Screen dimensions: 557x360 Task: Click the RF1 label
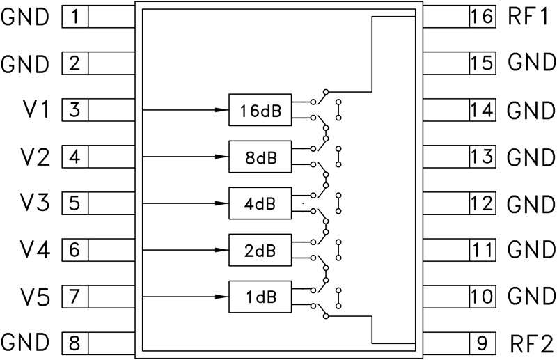tap(528, 16)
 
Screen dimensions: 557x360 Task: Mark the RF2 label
tap(531, 344)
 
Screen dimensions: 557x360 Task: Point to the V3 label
tap(34, 203)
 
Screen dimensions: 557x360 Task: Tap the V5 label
tap(34, 297)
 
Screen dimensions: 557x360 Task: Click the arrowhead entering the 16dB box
tap(221, 110)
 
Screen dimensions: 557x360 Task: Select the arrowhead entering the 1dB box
tap(221, 297)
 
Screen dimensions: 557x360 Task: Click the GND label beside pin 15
tap(531, 63)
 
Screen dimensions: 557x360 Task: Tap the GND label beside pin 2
tap(24, 64)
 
